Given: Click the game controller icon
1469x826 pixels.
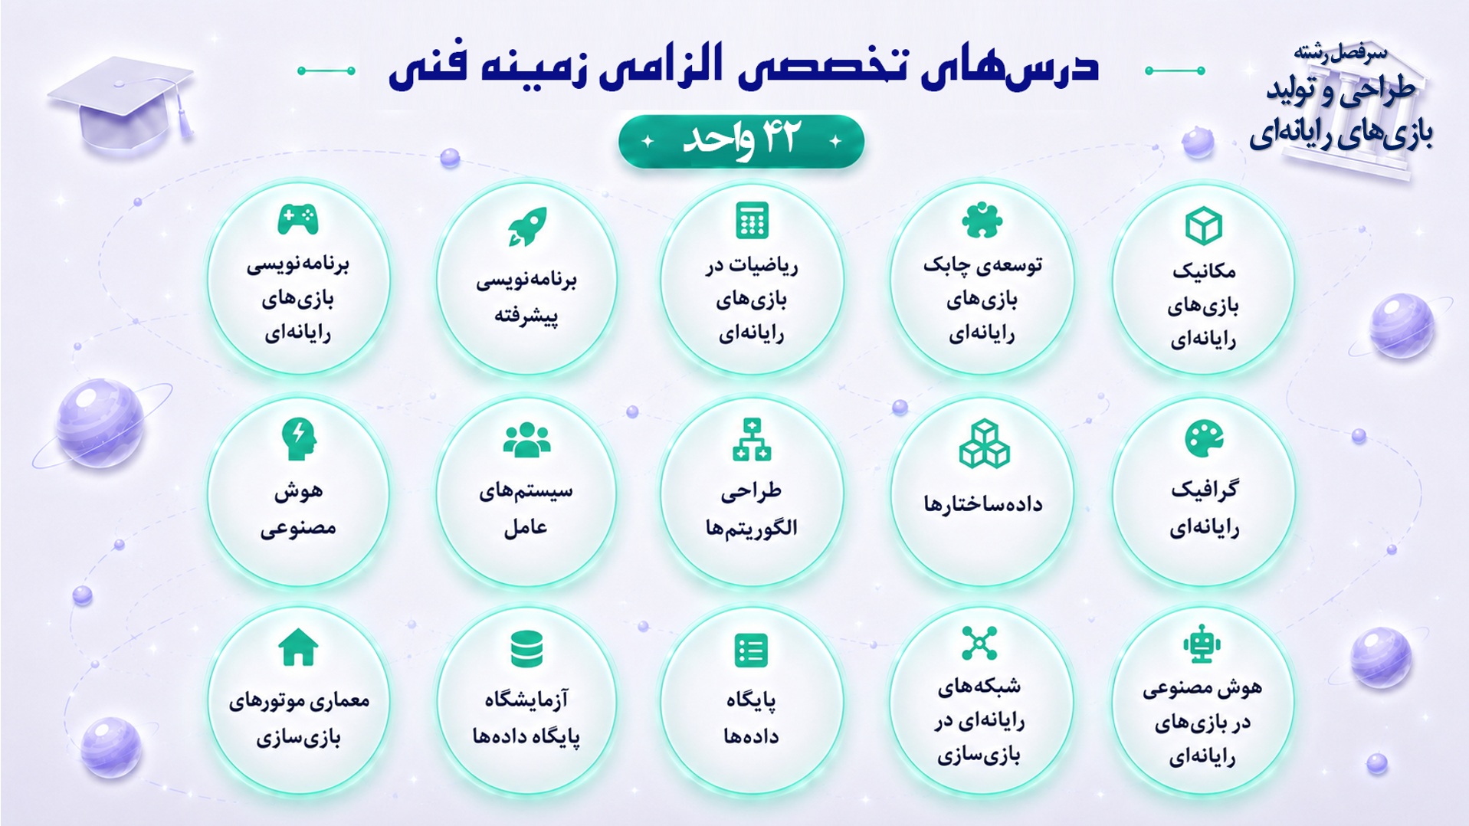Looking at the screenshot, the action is click(x=297, y=220).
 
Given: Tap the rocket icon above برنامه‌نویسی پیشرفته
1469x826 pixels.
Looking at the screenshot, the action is click(x=526, y=227).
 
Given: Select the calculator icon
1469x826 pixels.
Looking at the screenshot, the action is click(x=752, y=221).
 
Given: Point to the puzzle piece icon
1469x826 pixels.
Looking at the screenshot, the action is click(x=982, y=221).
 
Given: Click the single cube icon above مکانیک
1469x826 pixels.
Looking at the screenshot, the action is click(x=1203, y=226).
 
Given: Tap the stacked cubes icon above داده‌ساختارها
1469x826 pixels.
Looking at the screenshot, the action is click(x=984, y=444).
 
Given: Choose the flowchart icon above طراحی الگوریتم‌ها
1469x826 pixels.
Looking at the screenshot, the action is click(x=752, y=440).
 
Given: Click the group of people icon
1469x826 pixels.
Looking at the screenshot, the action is click(x=526, y=440).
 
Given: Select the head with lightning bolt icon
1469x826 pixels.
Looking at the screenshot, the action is click(x=298, y=439).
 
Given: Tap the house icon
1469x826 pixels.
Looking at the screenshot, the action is click(x=298, y=647).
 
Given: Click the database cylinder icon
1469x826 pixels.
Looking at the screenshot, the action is click(x=526, y=650).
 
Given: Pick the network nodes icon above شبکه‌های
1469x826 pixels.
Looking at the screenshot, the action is click(x=979, y=643).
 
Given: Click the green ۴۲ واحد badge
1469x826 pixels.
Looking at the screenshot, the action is click(x=741, y=141).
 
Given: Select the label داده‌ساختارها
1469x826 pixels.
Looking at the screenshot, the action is click(x=982, y=503).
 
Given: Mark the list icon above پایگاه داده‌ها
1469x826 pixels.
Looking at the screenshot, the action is click(x=751, y=651).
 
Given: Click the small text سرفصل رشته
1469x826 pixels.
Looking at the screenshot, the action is click(x=1340, y=52).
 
